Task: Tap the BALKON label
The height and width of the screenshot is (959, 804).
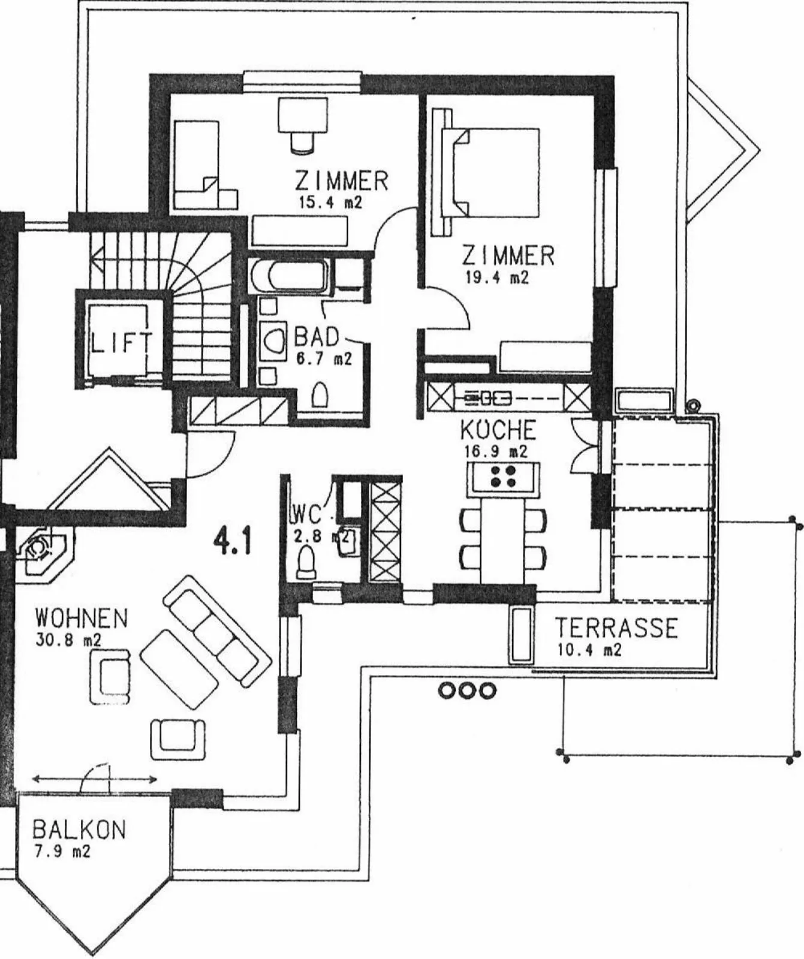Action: tap(79, 830)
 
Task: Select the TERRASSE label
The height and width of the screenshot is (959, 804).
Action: tap(616, 628)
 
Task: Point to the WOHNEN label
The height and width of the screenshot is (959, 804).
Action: tap(82, 617)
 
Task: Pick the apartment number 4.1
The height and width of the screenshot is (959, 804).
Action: tap(233, 541)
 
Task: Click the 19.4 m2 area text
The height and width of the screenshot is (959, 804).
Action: tap(497, 278)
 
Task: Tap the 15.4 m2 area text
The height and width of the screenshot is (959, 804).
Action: tap(331, 202)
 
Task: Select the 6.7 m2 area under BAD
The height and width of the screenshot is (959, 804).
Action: tap(323, 359)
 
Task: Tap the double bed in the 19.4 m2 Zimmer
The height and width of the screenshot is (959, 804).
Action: tap(490, 172)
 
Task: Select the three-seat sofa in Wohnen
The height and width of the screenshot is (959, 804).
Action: tap(218, 630)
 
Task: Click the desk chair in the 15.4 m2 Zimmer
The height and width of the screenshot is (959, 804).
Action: tap(303, 142)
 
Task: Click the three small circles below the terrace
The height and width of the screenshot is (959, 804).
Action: tap(468, 691)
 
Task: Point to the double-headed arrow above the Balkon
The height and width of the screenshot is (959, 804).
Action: tap(95, 780)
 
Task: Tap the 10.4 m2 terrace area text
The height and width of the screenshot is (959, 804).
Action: tap(589, 649)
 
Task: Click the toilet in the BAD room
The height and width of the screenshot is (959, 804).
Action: tap(320, 395)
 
